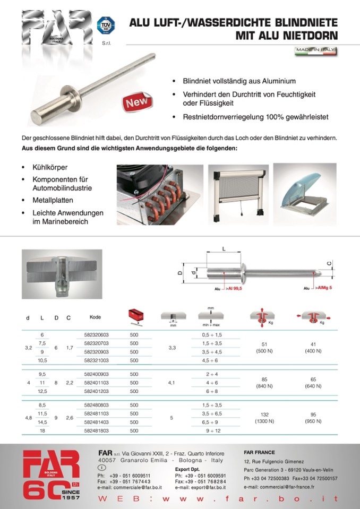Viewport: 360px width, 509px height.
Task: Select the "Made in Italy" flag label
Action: [316, 51]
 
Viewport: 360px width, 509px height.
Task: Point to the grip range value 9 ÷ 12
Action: [212, 431]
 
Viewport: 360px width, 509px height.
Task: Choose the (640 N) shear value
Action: [313, 386]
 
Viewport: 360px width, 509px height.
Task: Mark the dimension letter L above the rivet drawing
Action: [224, 248]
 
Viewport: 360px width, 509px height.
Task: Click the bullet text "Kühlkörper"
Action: [47, 167]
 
